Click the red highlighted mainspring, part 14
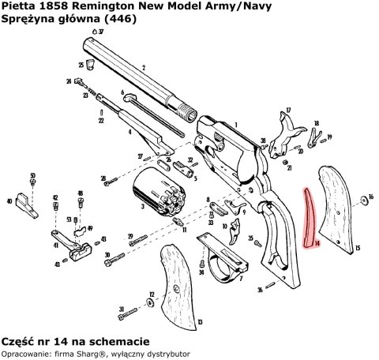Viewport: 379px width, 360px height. click(x=310, y=218)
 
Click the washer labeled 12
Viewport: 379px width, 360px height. click(x=152, y=294)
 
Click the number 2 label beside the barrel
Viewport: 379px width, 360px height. click(x=142, y=68)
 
